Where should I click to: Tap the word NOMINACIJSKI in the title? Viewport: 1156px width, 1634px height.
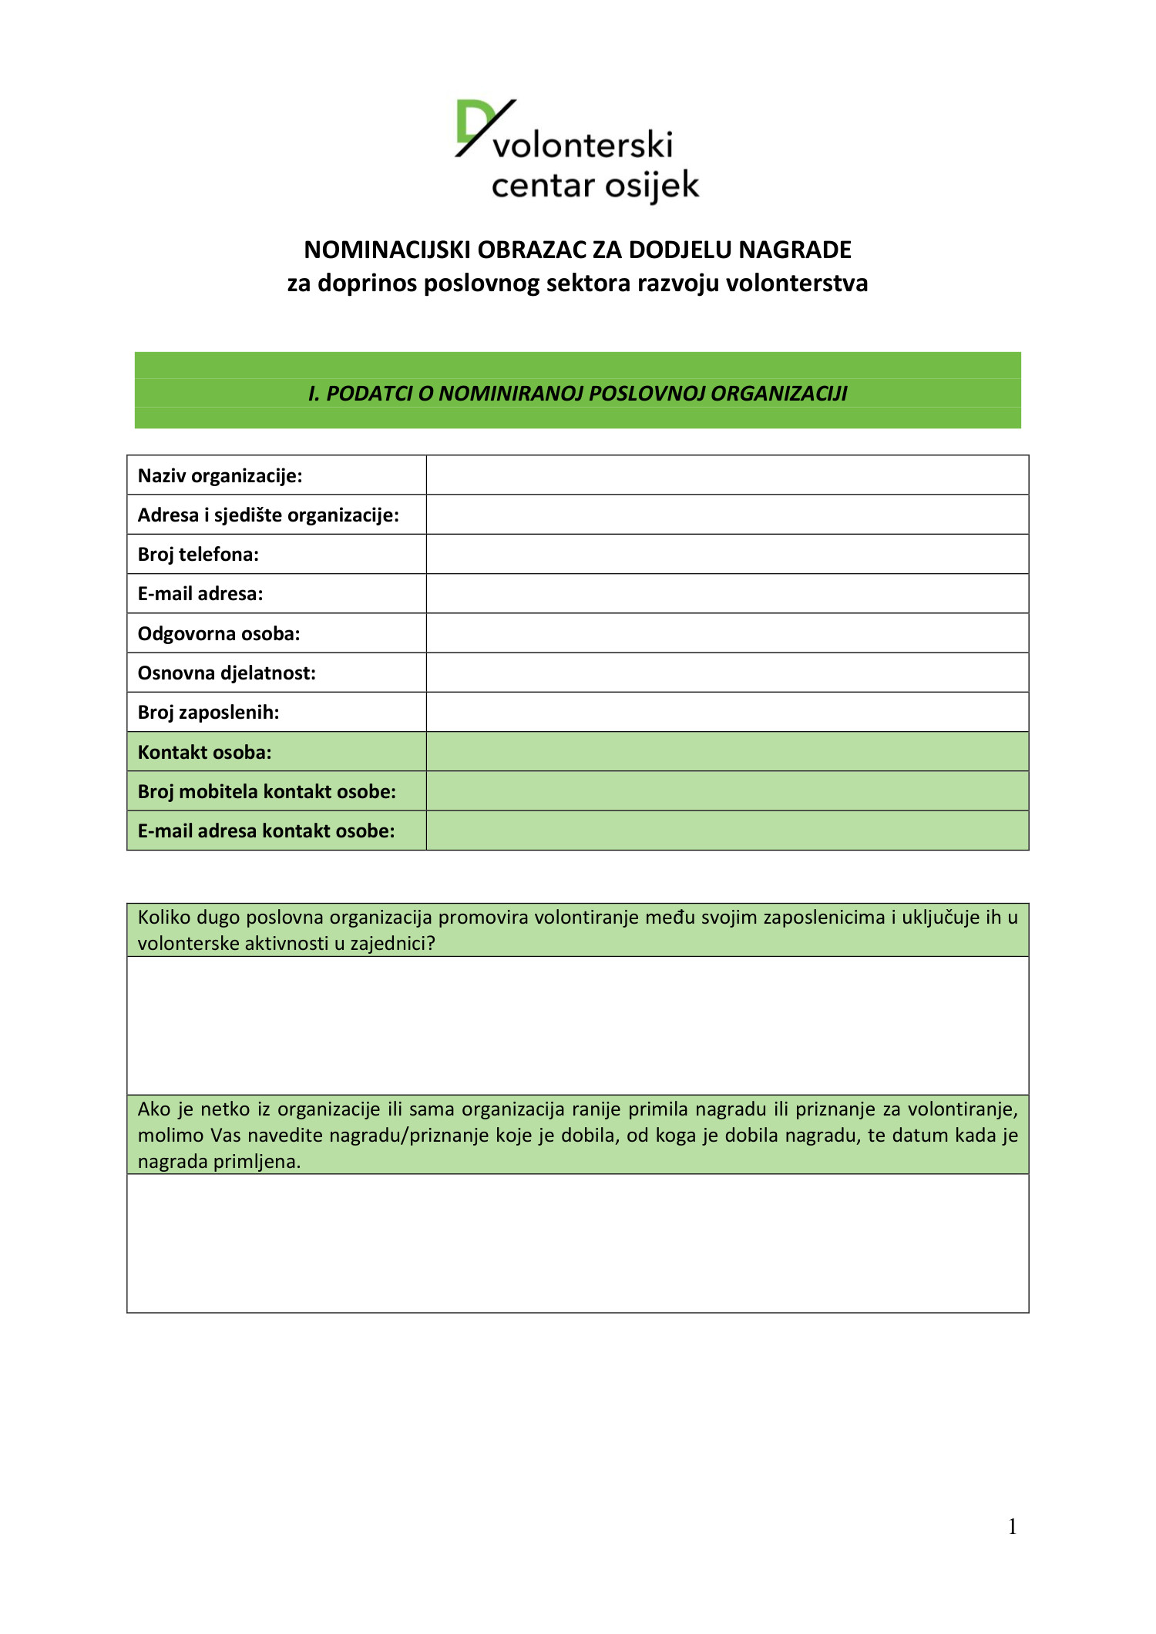(387, 250)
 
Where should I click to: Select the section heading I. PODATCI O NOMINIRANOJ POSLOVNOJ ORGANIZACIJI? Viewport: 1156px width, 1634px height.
(577, 394)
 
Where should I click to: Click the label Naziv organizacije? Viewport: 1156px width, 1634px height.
(220, 475)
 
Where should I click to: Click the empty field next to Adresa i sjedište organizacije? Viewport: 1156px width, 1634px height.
(727, 515)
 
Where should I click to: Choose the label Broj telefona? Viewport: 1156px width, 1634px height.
(198, 555)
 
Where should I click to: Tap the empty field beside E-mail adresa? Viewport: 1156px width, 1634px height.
(727, 594)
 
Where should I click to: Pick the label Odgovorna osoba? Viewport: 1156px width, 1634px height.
(219, 634)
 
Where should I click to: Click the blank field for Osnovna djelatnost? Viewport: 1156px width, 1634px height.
(727, 673)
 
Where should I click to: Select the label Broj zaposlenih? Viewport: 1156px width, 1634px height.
(208, 713)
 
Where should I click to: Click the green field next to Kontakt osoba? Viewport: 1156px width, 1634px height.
(727, 752)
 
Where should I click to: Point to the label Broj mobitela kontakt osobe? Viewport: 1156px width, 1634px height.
(267, 792)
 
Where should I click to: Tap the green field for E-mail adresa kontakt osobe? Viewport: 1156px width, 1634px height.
(727, 831)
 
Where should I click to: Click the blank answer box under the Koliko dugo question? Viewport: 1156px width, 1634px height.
(577, 1025)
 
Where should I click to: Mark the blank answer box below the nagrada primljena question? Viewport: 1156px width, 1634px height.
(577, 1243)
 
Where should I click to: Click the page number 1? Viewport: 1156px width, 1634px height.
(1012, 1527)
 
